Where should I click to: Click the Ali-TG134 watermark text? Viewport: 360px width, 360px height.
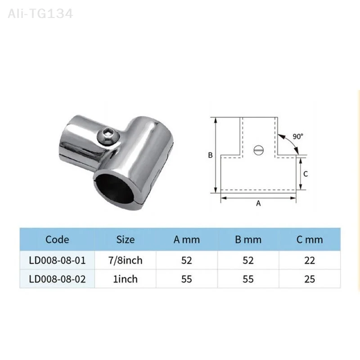40,13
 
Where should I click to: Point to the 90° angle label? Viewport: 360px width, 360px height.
298,136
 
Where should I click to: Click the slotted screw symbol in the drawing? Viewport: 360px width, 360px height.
258,150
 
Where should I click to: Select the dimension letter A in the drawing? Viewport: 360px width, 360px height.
258,203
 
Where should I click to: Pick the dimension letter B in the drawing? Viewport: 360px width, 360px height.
210,155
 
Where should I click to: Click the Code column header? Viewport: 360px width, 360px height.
57,239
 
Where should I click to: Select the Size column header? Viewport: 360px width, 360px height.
125,239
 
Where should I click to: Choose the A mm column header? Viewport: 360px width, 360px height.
186,239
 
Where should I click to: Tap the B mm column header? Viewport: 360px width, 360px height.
248,239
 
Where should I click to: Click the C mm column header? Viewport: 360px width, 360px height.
309,239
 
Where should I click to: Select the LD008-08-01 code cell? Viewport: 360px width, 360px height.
57,261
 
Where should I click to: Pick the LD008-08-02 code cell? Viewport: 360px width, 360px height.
57,279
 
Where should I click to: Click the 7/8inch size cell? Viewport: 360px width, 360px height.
125,261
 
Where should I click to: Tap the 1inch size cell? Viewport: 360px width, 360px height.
125,279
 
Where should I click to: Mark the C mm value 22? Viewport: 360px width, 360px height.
309,261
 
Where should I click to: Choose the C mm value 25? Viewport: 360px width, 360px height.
309,279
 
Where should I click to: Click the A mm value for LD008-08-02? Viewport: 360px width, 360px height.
186,279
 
